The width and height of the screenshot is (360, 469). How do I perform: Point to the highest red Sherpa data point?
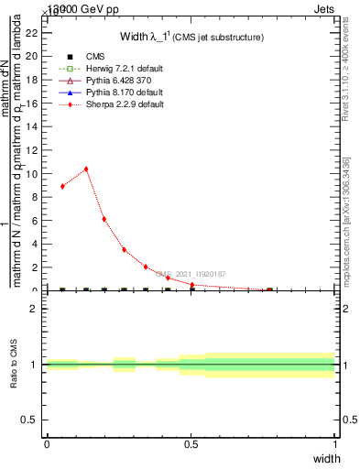coord(86,169)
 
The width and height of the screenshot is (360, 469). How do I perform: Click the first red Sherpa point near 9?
coord(62,186)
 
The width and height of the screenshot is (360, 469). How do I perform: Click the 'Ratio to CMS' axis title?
coord(15,365)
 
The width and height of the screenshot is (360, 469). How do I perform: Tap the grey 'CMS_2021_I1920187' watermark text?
coord(191,273)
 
